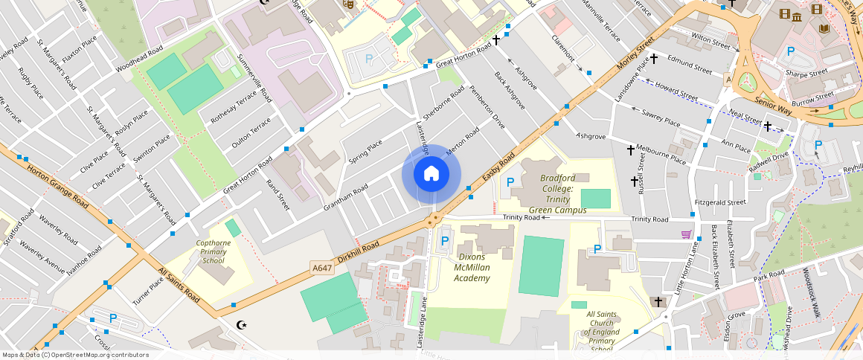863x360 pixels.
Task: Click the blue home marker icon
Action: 431,174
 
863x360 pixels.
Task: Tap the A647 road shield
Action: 321,268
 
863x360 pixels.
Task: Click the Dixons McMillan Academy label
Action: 472,267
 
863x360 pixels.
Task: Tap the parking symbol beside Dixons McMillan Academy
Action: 445,240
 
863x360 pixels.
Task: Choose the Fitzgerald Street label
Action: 719,202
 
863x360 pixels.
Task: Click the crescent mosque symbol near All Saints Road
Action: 241,325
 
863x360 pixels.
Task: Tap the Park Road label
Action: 769,276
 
